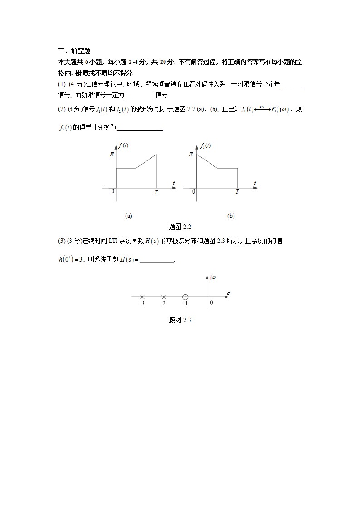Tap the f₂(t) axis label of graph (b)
point(205,146)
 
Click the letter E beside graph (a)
point(112,155)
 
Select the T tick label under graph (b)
point(237,192)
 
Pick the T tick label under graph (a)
point(156,192)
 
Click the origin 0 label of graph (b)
point(194,192)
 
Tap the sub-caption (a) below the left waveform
point(128,216)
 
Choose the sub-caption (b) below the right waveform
point(231,216)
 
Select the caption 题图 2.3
point(180,320)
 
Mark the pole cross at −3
point(142,297)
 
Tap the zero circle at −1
point(185,297)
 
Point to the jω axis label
point(214,277)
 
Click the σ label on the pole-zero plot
point(229,293)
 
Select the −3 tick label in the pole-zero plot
point(141,304)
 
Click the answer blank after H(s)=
point(157,260)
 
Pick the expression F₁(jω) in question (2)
point(283,110)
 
